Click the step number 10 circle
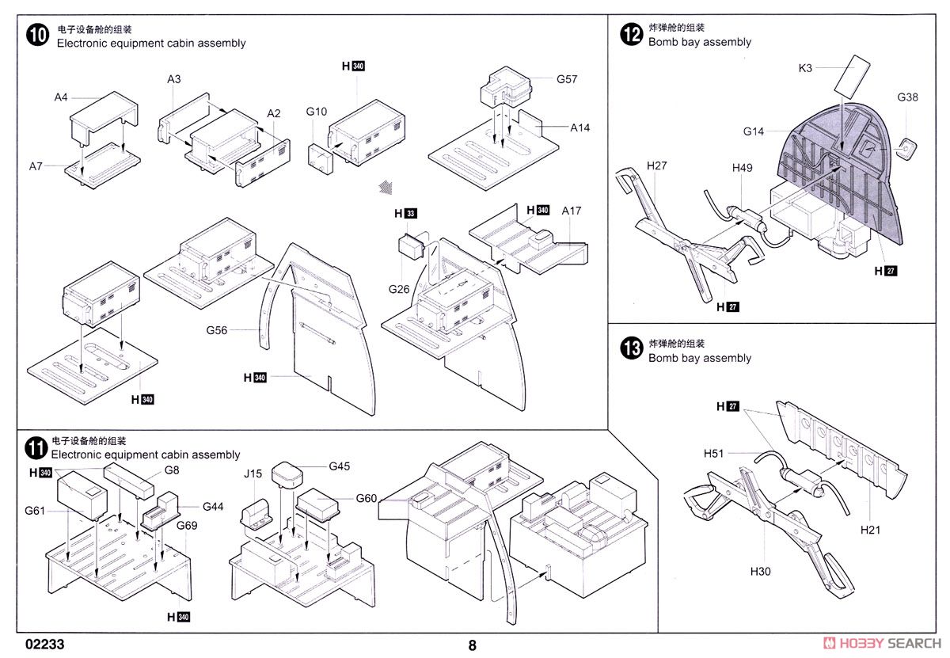36,35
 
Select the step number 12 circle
631,35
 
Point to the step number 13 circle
631,350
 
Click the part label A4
61,97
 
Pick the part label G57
567,79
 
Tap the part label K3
804,68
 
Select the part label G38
907,97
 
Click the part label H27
657,165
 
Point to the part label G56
217,330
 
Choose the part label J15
253,474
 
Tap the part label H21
868,530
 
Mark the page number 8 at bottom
473,645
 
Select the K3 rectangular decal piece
851,80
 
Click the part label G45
339,466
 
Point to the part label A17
572,211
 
